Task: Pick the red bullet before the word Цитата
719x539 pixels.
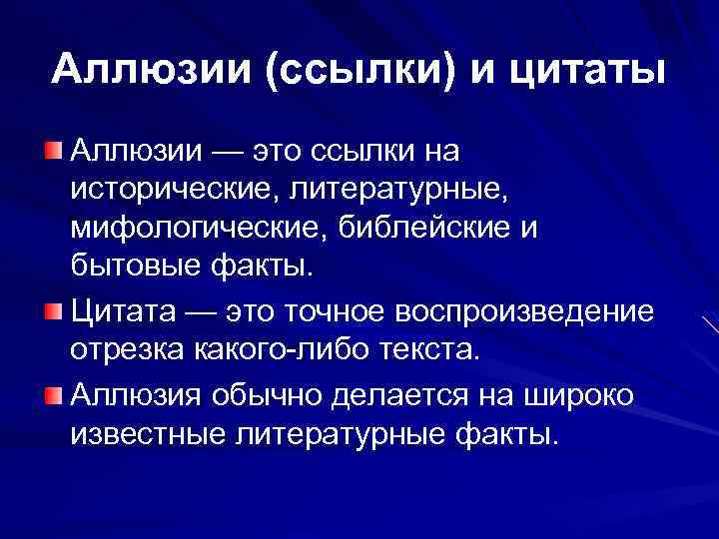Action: click(51, 310)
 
